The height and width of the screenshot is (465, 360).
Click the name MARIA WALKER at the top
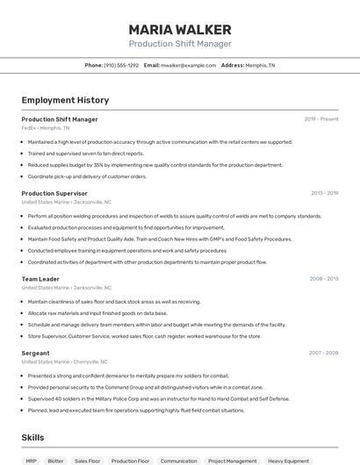[179, 29]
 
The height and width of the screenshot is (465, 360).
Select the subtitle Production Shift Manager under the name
[179, 44]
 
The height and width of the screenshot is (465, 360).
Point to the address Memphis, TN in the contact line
[259, 65]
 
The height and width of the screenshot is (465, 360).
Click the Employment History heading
[65, 101]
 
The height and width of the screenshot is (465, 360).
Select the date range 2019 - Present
[321, 119]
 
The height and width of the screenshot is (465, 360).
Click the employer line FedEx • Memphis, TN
[45, 128]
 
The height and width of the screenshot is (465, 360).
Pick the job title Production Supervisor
[54, 193]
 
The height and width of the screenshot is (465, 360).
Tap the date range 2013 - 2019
[324, 193]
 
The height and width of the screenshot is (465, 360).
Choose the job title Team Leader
[40, 279]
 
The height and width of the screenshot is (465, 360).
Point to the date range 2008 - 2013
[323, 279]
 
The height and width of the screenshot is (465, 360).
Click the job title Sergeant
[35, 353]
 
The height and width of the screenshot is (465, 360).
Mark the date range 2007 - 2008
[323, 353]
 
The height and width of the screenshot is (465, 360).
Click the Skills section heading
[32, 438]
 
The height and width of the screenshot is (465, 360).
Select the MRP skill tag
[31, 461]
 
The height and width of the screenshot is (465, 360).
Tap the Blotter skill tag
[55, 461]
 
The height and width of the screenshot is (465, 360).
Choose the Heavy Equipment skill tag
[288, 461]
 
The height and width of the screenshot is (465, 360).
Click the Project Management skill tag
[233, 461]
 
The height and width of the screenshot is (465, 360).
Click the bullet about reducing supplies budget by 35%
[155, 165]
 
